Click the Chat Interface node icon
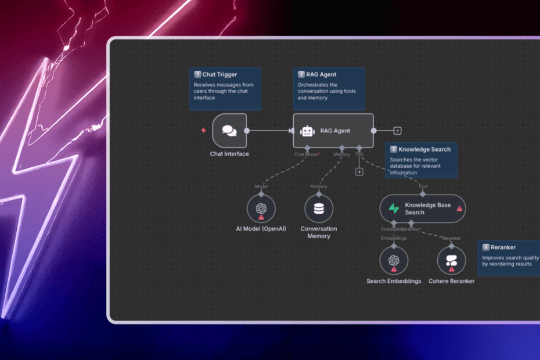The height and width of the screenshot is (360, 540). click(229, 131)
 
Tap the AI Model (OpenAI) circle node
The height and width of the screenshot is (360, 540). click(261, 208)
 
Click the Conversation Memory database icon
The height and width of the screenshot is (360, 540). click(319, 208)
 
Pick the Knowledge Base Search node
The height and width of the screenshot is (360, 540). click(422, 208)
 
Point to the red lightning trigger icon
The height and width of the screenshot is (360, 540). click(203, 131)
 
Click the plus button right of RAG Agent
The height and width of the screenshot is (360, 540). click(397, 131)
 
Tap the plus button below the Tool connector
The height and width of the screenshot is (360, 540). click(359, 171)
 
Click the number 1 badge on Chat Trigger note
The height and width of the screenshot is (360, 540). click(197, 74)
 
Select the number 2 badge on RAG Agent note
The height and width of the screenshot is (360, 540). click(301, 74)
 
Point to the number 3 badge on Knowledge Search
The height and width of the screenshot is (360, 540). click(393, 149)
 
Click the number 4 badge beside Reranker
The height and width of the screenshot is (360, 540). click(485, 247)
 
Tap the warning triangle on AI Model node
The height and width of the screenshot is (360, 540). click(261, 217)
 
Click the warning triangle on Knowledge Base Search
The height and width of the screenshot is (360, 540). click(459, 208)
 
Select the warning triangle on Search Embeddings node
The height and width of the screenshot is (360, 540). click(394, 269)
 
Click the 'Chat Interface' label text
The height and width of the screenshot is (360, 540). click(229, 154)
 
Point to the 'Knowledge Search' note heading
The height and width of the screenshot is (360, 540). click(424, 149)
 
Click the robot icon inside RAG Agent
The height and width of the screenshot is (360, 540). click(307, 131)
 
